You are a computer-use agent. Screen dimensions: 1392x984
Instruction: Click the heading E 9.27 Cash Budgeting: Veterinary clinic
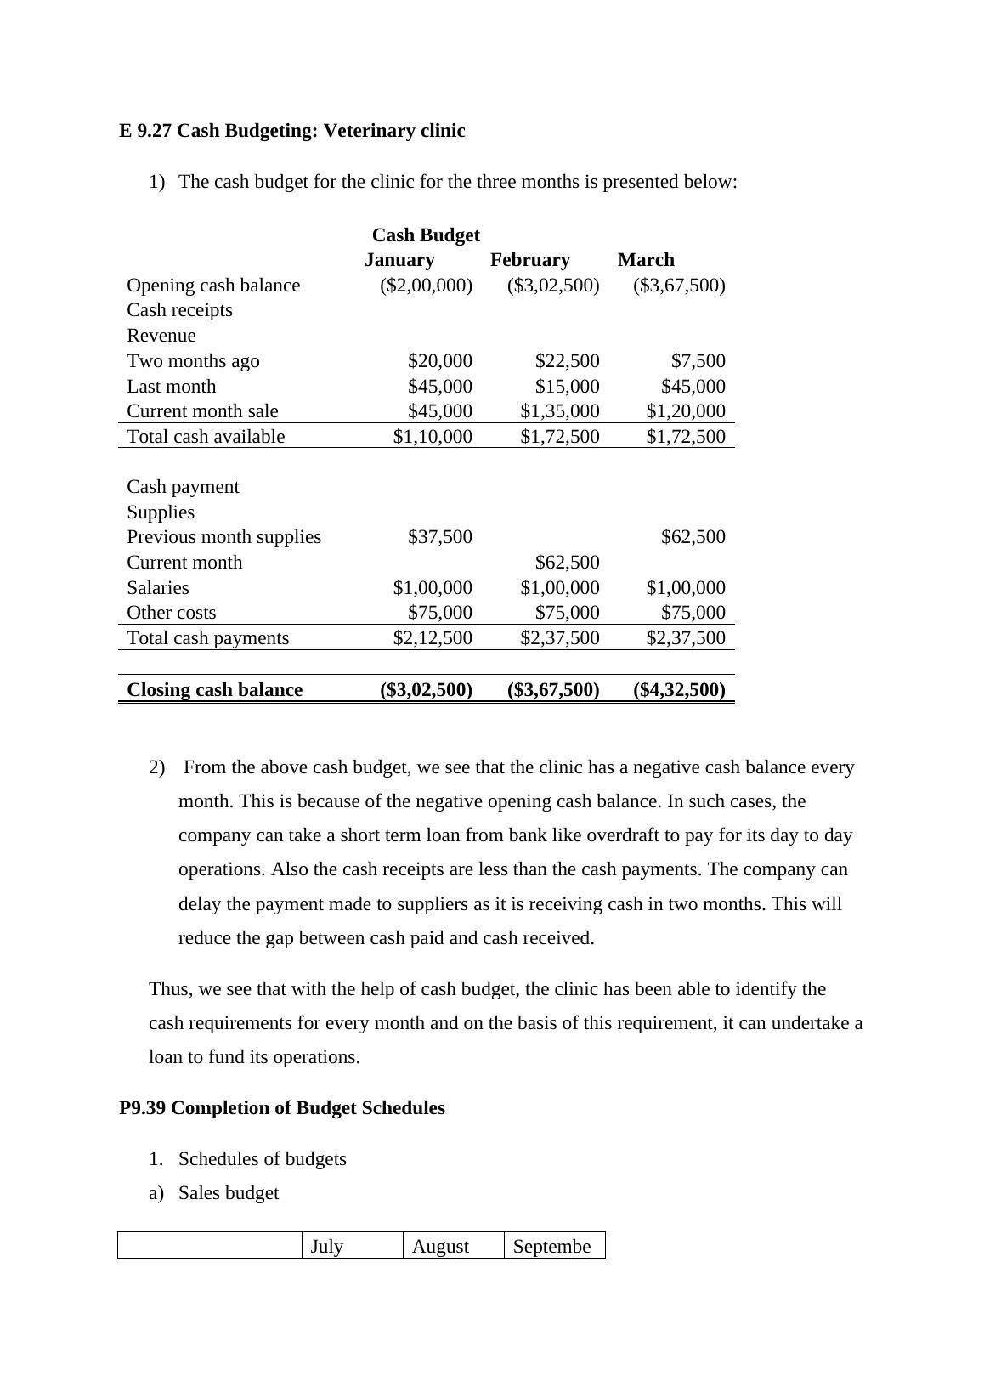[x=291, y=131]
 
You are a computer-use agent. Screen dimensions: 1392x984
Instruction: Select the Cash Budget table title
[x=426, y=235]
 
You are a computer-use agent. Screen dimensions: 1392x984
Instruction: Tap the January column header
[x=399, y=260]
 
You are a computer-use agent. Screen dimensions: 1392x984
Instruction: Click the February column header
[x=529, y=260]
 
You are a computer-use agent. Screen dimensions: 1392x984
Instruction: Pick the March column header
[x=646, y=260]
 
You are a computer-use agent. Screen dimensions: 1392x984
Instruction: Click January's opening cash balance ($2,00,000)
[x=426, y=286]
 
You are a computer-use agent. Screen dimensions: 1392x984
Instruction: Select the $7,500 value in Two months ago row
[x=698, y=361]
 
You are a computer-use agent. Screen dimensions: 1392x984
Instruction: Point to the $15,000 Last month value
[x=567, y=387]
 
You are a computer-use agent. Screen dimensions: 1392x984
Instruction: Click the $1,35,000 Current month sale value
[x=559, y=411]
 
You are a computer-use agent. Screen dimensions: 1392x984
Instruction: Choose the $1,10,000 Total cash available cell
[x=432, y=437]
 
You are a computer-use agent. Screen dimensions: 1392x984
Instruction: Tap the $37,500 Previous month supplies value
[x=439, y=537]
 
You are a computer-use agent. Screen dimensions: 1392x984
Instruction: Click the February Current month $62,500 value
[x=567, y=563]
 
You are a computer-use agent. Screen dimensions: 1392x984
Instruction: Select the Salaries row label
[x=158, y=588]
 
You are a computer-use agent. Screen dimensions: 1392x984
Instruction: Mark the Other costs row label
[x=172, y=613]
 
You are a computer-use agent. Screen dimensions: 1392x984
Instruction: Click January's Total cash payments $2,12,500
[x=432, y=638]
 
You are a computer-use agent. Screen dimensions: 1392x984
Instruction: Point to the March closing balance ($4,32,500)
[x=679, y=690]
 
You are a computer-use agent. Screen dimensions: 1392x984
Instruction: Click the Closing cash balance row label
[x=214, y=690]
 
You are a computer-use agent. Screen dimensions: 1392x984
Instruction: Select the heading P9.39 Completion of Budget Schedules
[x=282, y=1108]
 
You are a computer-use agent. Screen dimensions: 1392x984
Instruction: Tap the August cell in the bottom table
[x=440, y=1247]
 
